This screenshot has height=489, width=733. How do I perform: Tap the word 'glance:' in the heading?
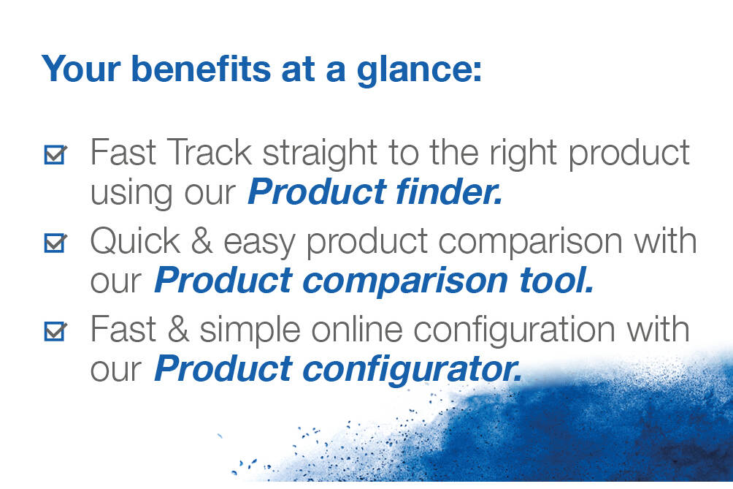(x=419, y=71)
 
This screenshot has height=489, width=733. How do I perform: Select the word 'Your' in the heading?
(x=82, y=69)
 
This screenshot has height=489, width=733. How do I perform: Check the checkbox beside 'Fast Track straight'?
(x=55, y=154)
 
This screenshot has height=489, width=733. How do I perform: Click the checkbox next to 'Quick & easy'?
(x=55, y=243)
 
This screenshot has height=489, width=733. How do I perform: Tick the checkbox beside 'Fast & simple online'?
(x=55, y=331)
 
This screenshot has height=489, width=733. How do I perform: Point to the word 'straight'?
(x=320, y=154)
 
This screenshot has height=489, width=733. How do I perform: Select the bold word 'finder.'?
(x=449, y=192)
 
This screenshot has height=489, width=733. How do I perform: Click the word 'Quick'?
(x=135, y=241)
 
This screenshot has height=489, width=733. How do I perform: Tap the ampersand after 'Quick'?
(x=202, y=241)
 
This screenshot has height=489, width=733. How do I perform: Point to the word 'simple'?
(x=250, y=331)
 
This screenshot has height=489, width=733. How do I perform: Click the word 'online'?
(x=357, y=330)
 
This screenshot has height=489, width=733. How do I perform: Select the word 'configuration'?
(x=514, y=331)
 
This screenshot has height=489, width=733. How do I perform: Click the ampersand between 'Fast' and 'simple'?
(x=178, y=330)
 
